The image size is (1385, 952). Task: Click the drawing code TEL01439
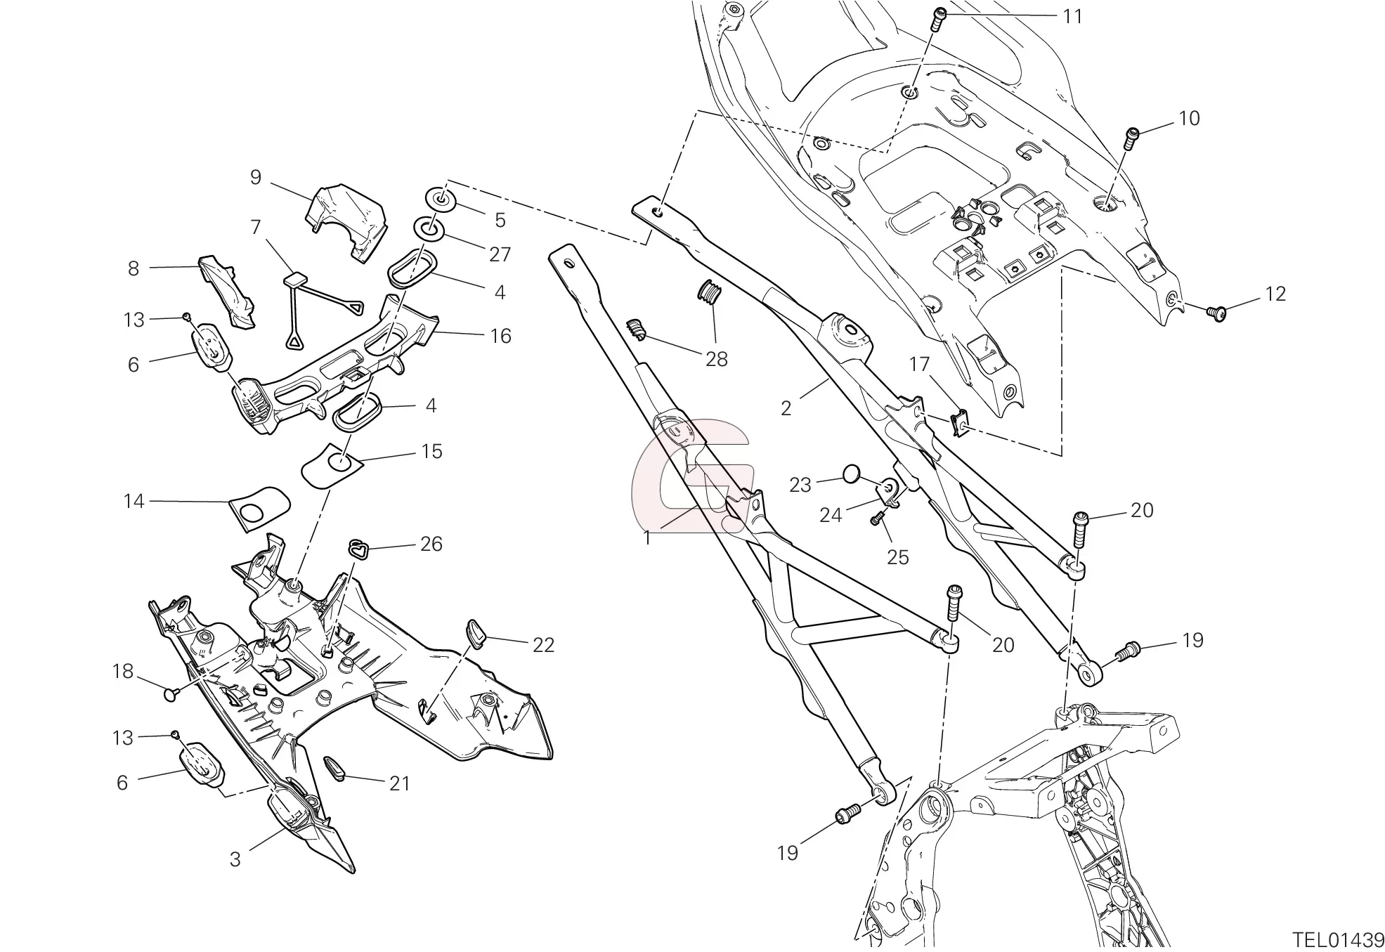point(1338,939)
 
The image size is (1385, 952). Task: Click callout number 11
point(1072,16)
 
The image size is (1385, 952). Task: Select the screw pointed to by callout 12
point(1216,312)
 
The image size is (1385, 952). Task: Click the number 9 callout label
point(256,177)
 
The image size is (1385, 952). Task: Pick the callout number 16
point(500,336)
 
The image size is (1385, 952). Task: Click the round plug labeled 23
point(850,475)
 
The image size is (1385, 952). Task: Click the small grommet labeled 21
point(334,769)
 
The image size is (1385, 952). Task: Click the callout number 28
point(717,359)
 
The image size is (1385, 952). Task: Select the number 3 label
point(235,859)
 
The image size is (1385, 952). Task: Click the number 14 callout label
point(134,501)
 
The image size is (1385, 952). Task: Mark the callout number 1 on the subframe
point(646,539)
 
